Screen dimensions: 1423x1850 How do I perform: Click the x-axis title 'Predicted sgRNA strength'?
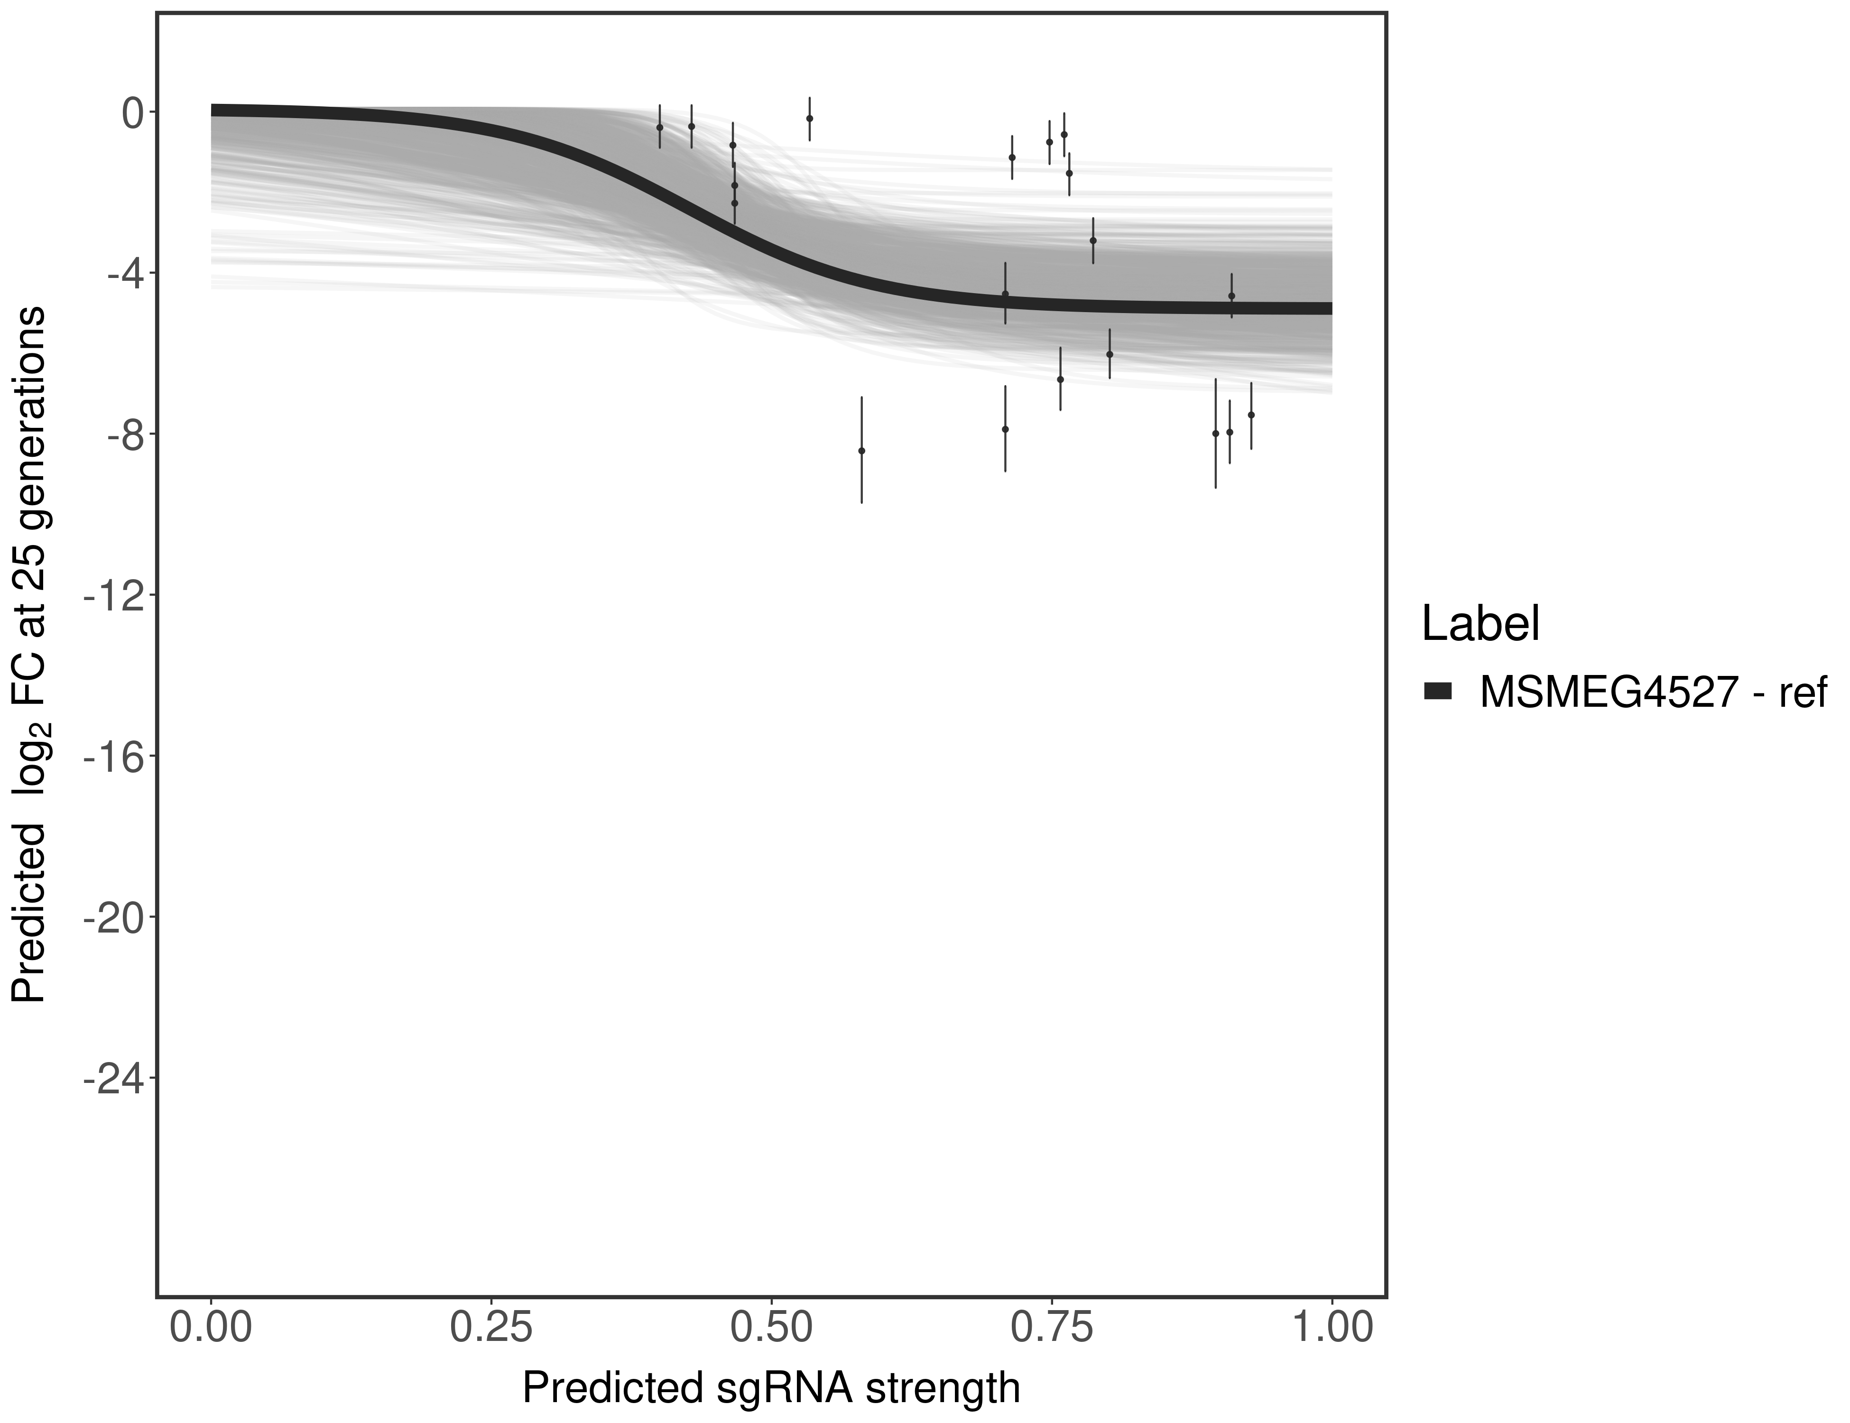click(x=771, y=1388)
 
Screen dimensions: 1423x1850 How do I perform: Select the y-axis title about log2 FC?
click(x=29, y=654)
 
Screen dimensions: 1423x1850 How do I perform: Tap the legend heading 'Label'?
click(x=1480, y=624)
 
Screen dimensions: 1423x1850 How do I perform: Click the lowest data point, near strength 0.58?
click(x=861, y=451)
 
